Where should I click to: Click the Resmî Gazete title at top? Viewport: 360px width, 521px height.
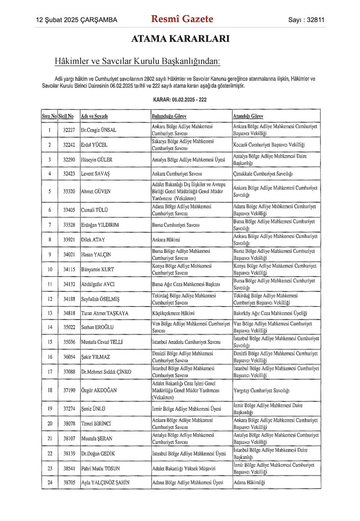tap(182, 19)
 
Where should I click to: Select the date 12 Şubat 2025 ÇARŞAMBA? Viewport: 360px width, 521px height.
tap(76, 20)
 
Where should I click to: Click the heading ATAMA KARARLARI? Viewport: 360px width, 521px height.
tap(180, 39)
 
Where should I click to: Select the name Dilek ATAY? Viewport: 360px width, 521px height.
tap(94, 240)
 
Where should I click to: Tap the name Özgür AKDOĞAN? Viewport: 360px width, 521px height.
tap(99, 390)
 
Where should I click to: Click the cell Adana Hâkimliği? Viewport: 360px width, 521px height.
tap(250, 482)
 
